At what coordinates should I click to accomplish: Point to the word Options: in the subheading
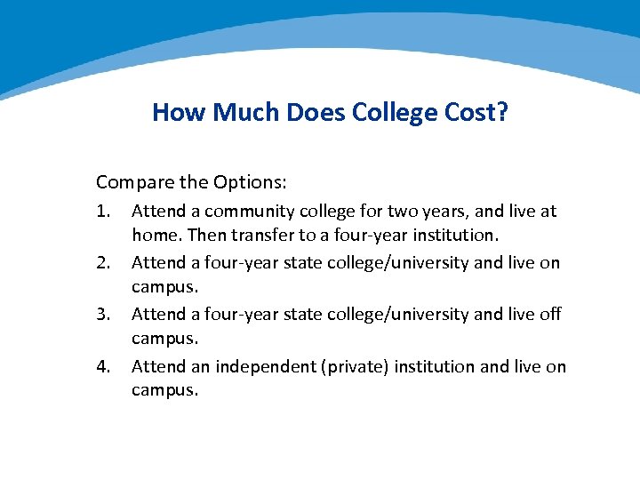(250, 182)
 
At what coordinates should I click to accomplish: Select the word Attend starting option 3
(157, 314)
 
